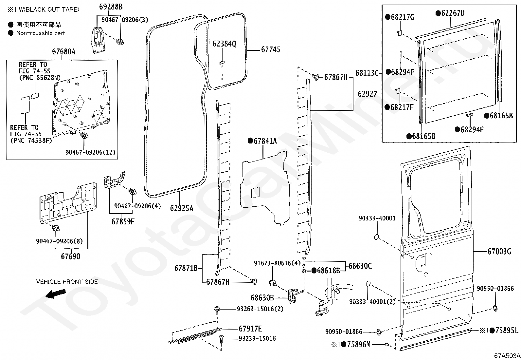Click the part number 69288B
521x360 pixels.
coord(111,7)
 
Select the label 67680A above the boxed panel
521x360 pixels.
coord(64,51)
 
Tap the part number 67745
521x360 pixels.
coord(271,49)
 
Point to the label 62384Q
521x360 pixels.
coord(224,44)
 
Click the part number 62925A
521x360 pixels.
coord(182,208)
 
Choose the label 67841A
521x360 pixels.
coord(265,141)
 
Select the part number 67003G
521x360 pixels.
coord(499,252)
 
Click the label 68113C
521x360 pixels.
coord(367,73)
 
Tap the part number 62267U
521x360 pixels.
coord(453,13)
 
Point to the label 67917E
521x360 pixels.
coord(250,329)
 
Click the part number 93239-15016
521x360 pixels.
coord(257,338)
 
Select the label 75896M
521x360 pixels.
coord(359,344)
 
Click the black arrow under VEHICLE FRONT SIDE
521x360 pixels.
coord(56,294)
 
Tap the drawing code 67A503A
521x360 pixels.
coord(507,356)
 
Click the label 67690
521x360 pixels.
coord(70,256)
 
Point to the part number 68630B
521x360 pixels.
coord(262,297)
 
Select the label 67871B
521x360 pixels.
coord(186,268)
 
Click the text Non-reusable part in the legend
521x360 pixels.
coord(41,33)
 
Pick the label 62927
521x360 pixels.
coord(368,94)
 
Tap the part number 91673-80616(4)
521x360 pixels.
coord(277,263)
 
